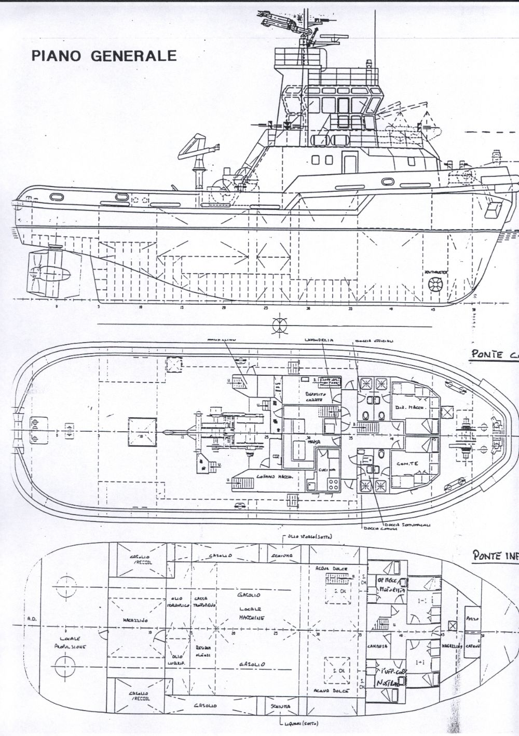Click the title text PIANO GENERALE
[104, 55]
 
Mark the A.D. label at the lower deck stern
[29, 619]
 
